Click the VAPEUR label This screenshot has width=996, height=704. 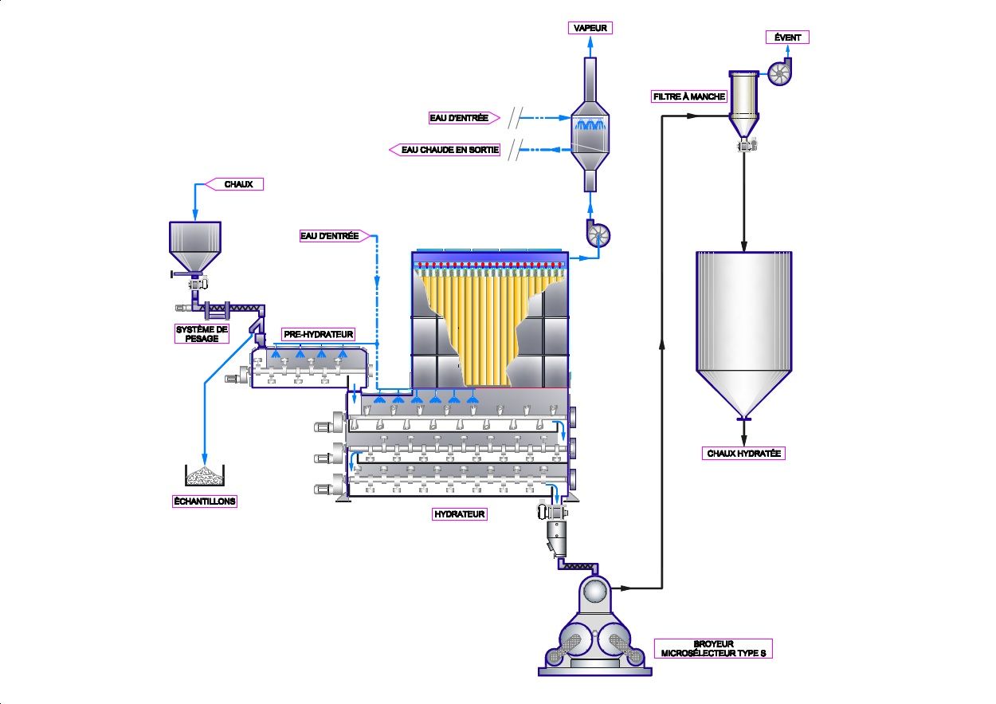[590, 28]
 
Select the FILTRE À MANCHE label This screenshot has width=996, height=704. [689, 96]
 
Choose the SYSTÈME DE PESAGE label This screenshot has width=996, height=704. [202, 333]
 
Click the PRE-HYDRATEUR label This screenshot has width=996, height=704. [318, 334]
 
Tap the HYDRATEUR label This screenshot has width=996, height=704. [459, 514]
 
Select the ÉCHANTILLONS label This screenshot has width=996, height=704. [205, 501]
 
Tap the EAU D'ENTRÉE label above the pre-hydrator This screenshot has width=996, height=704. [330, 236]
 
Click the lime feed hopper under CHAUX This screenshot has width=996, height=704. [195, 243]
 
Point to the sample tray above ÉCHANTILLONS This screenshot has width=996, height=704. [204, 476]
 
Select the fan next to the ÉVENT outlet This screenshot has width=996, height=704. [778, 74]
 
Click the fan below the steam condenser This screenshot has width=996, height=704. [598, 234]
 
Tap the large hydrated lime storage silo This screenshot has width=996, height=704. [743, 327]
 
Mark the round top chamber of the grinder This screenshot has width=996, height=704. [594, 591]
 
